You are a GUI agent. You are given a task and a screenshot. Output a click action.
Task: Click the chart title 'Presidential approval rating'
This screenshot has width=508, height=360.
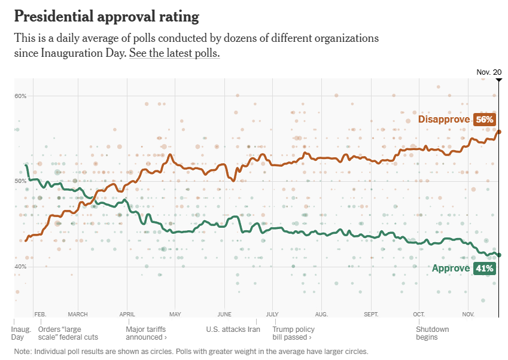107,16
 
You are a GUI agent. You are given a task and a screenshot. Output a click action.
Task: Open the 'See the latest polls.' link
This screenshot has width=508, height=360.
175,53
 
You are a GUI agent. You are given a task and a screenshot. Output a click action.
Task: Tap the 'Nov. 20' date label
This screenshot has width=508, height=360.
489,72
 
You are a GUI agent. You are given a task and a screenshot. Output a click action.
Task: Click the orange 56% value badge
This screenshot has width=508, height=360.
484,120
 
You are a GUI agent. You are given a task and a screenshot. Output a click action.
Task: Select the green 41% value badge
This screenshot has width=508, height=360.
484,269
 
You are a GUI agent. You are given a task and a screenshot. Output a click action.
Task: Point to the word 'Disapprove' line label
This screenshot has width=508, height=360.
444,120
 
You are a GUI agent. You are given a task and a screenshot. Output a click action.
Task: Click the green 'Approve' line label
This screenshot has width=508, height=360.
451,269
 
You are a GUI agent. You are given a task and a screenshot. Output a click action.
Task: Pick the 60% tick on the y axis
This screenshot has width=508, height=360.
20,96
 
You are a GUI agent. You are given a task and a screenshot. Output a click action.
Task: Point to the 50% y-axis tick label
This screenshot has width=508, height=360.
20,181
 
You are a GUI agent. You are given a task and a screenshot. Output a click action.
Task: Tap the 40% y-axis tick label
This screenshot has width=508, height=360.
20,266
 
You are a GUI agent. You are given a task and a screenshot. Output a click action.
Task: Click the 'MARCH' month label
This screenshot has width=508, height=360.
78,314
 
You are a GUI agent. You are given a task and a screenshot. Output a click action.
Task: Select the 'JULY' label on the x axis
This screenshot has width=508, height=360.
272,314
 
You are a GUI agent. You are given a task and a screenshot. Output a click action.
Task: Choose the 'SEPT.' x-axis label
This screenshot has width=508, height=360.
371,314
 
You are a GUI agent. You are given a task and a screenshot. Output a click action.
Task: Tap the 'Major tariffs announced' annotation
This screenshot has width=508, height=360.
146,333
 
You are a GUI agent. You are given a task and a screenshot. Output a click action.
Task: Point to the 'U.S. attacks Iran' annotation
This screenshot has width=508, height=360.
233,330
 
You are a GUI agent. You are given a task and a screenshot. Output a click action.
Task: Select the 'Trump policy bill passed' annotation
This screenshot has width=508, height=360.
293,333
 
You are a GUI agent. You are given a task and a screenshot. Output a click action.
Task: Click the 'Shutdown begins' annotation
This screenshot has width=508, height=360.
432,333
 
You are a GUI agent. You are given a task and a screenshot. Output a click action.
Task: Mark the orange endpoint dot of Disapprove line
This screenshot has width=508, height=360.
499,132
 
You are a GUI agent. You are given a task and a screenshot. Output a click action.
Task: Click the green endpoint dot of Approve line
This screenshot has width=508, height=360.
499,255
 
